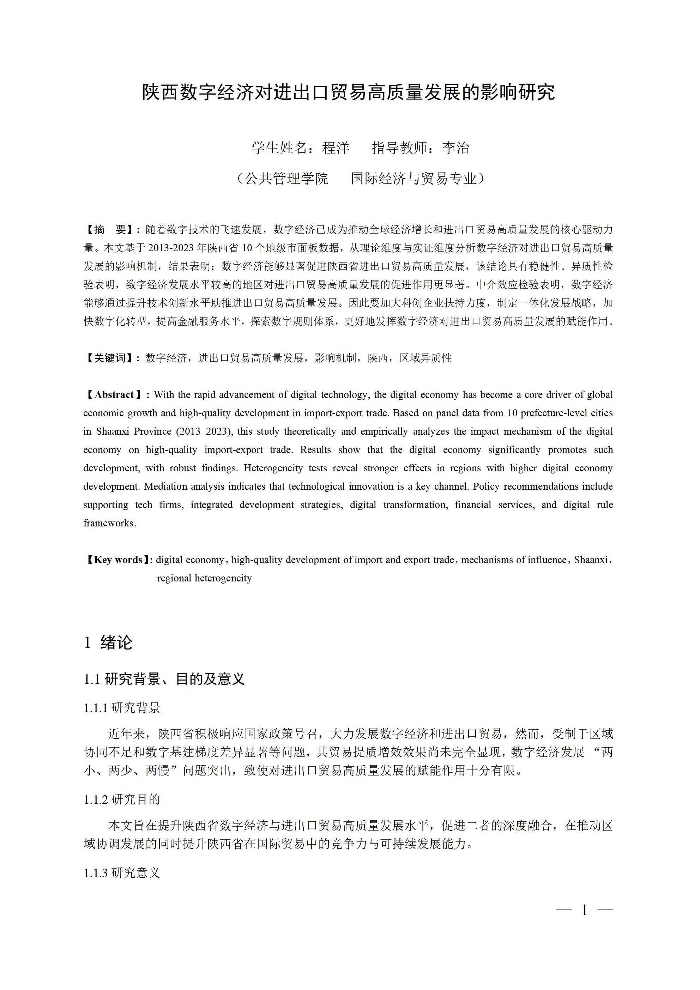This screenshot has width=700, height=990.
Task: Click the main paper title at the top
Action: click(349, 92)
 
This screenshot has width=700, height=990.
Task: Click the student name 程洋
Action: click(336, 148)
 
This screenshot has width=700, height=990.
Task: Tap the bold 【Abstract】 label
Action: click(114, 395)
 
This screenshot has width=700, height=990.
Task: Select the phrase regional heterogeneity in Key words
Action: click(204, 578)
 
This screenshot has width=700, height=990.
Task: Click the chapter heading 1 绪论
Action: click(108, 643)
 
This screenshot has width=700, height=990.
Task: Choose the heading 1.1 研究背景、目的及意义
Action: click(164, 679)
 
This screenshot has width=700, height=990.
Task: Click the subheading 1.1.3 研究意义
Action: click(122, 873)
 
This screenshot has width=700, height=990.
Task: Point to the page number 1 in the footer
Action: click(584, 910)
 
